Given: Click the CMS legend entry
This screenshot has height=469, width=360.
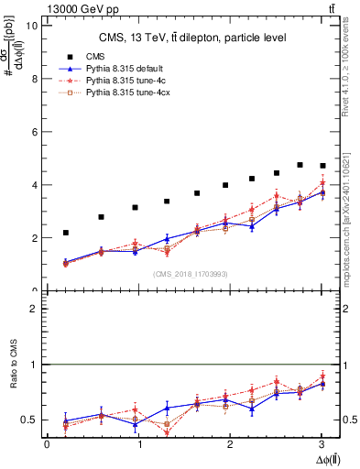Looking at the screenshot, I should coord(91,55).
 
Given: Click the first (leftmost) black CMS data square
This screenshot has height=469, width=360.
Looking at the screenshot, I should coord(65,233).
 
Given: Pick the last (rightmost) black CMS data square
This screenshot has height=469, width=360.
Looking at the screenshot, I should coord(322,166).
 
